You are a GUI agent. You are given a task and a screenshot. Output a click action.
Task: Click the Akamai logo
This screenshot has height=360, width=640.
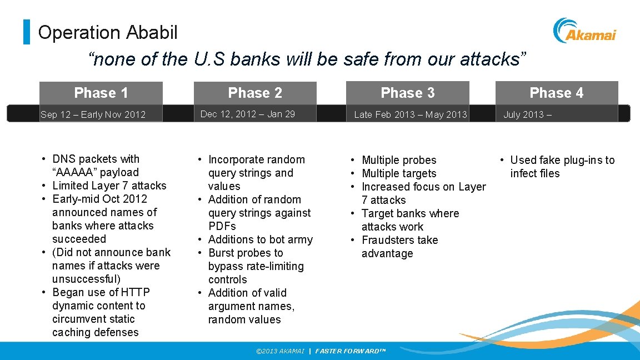click(584, 31)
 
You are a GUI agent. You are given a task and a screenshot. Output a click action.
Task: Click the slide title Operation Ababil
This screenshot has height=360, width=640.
click(108, 32)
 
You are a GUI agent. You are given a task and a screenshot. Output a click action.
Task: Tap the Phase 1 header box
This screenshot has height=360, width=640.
click(101, 93)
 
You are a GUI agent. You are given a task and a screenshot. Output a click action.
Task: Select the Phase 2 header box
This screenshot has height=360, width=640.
click(255, 93)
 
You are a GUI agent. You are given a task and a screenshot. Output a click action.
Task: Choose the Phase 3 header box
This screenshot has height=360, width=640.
click(407, 93)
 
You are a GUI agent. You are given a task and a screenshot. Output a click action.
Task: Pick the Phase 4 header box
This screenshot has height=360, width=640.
click(556, 93)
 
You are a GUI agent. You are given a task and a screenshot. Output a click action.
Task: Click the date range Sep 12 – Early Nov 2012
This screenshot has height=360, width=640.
click(93, 114)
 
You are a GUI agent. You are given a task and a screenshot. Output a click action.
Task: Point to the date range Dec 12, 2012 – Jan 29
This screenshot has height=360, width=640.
click(247, 114)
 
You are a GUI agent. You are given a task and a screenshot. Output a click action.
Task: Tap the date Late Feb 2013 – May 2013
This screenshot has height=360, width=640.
click(410, 114)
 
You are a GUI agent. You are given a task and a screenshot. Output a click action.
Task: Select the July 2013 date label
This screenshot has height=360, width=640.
click(527, 114)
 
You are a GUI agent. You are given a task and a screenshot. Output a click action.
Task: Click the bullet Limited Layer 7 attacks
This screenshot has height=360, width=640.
click(109, 186)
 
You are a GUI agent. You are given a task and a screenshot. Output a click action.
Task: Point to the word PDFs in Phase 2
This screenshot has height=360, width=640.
click(222, 226)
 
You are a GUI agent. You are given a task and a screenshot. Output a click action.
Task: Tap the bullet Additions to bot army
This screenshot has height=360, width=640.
click(260, 239)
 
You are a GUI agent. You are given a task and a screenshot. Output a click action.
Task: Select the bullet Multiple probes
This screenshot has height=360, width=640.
click(399, 160)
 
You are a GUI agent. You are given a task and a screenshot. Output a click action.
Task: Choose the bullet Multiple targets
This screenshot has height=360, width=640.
click(399, 173)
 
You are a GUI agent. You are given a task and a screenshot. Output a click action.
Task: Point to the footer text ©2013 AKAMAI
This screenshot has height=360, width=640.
click(279, 351)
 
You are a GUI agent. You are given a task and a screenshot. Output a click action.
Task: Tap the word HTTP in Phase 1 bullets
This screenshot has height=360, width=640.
click(136, 292)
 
